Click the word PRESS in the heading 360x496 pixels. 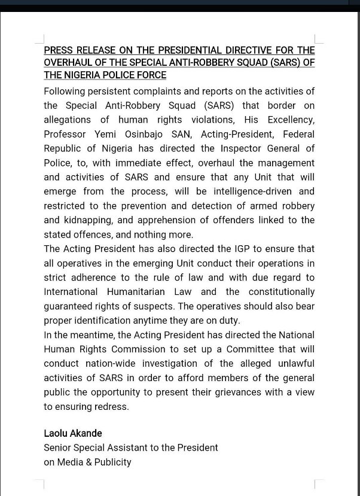point(57,50)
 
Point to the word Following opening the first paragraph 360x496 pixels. point(67,91)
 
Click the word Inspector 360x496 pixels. point(228,148)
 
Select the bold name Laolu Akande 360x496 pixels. point(72,433)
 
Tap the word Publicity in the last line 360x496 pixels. point(112,462)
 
